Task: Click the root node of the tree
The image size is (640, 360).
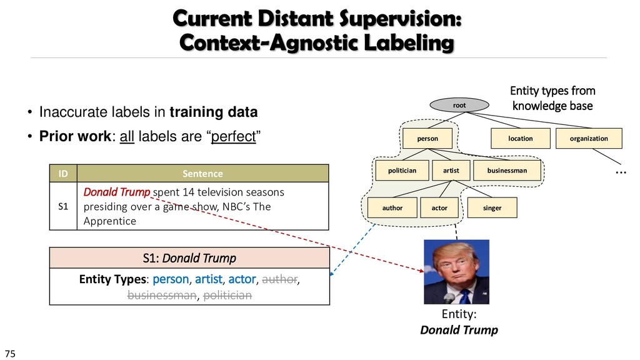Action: (x=459, y=106)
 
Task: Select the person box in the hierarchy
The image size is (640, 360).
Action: (x=427, y=138)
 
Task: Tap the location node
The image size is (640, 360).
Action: (x=520, y=138)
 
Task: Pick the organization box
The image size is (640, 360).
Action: (x=589, y=138)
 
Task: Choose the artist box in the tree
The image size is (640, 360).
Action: (x=451, y=170)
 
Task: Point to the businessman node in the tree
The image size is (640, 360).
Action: (x=507, y=170)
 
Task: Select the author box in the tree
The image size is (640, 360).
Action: (x=392, y=207)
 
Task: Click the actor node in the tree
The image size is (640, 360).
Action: (x=439, y=207)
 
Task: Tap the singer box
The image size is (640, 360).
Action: (x=492, y=207)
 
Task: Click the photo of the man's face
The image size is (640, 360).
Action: (x=456, y=271)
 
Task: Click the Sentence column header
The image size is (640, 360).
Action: (x=202, y=172)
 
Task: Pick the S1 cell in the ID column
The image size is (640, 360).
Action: (x=62, y=206)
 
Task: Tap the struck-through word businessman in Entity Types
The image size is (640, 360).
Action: (x=161, y=296)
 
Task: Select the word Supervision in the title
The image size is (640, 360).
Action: (x=399, y=21)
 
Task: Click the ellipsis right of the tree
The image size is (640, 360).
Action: (x=620, y=170)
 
